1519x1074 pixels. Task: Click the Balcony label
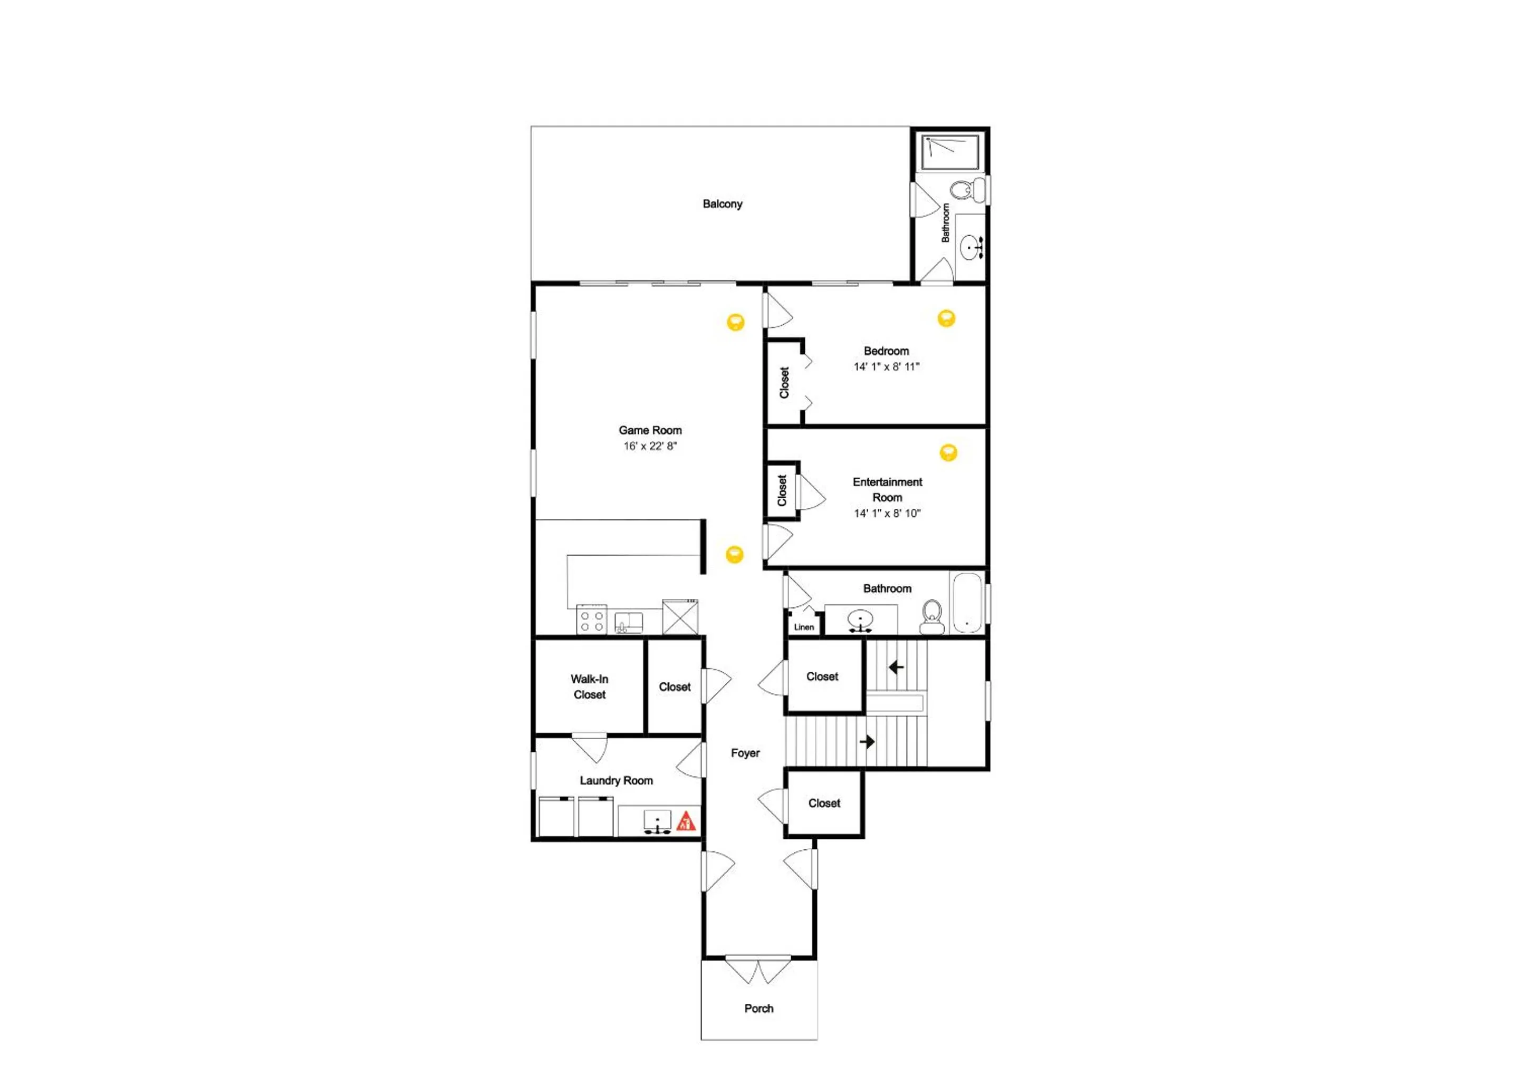[x=723, y=204]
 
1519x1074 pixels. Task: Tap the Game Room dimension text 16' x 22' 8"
[x=650, y=446]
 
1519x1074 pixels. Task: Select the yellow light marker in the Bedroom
[x=947, y=318]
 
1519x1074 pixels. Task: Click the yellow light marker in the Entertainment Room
[x=948, y=452]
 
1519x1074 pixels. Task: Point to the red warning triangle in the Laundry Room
[x=686, y=821]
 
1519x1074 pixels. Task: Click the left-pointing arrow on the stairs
[x=897, y=667]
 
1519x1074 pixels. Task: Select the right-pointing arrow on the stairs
[x=867, y=742]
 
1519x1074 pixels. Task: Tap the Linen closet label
[x=804, y=627]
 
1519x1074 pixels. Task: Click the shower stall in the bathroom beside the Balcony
[x=951, y=151]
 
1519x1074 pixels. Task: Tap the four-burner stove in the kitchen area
[x=591, y=620]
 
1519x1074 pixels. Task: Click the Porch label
[x=759, y=1009]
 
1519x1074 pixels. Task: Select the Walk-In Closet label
[x=590, y=686]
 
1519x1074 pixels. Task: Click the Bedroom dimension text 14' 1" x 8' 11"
[x=887, y=366]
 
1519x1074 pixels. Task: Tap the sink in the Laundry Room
[x=658, y=821]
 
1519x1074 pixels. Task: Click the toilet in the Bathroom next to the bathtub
[x=931, y=616]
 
